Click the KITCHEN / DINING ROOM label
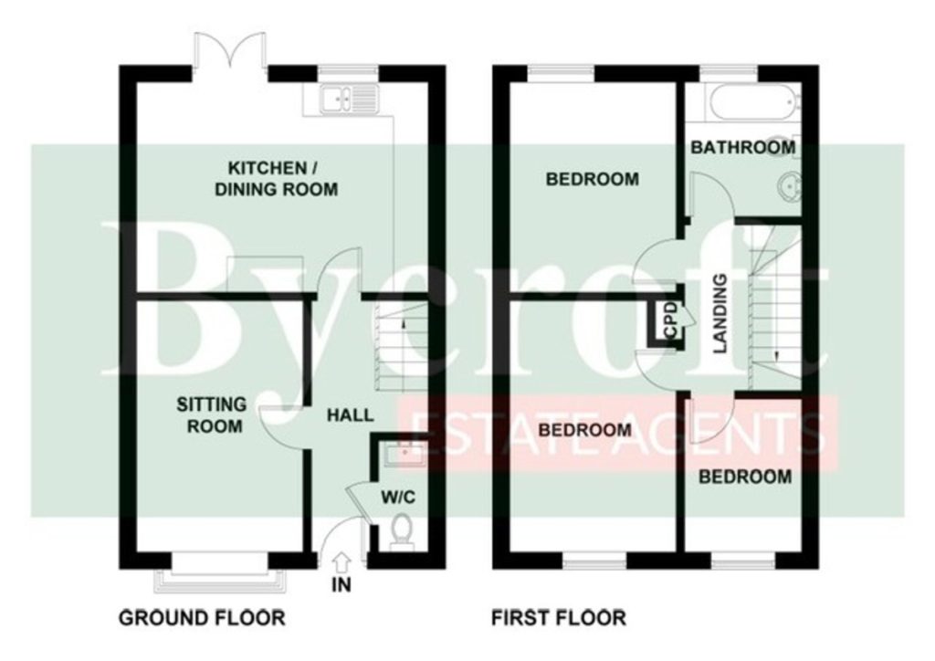[276, 179]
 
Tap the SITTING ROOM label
[212, 415]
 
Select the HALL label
[350, 414]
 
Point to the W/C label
[398, 497]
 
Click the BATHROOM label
[743, 147]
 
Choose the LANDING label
[721, 313]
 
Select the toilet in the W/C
[400, 532]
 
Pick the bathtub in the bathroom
[750, 100]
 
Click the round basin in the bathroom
[790, 186]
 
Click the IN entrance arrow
[341, 562]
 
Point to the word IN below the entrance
[341, 585]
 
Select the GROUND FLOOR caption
[202, 618]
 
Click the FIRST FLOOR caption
[559, 618]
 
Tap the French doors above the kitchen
[230, 57]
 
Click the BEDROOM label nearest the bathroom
[592, 179]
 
